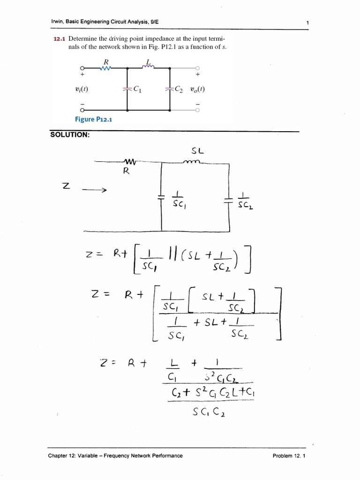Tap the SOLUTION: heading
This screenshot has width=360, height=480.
69,135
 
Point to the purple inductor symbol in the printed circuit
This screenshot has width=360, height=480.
148,67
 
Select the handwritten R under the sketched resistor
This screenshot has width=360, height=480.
126,171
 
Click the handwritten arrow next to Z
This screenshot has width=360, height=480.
95,190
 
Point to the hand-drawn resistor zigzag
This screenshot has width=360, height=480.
127,162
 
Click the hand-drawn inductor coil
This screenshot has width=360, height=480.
193,162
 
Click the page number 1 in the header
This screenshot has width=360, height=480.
306,22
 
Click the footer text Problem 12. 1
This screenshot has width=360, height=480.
289,455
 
